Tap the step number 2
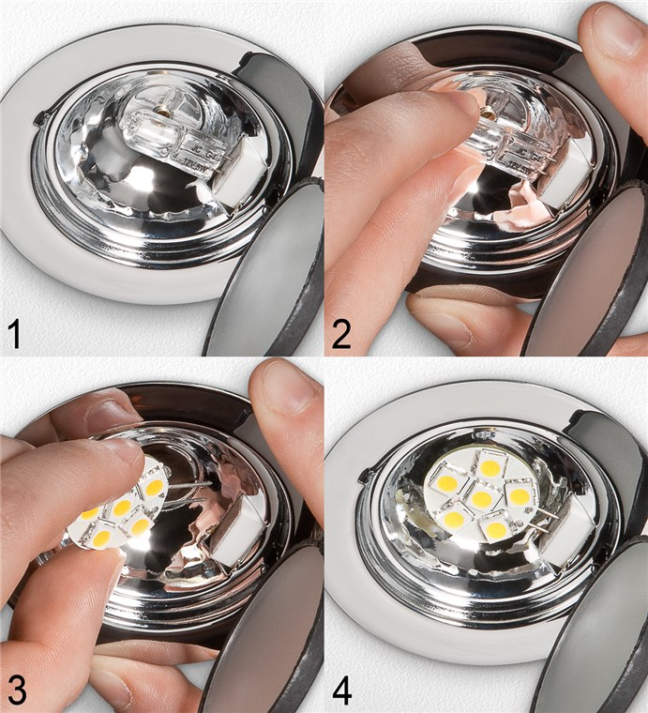tap(341, 332)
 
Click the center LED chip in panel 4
tap(481, 498)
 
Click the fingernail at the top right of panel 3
tap(287, 387)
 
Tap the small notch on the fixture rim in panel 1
tap(39, 118)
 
